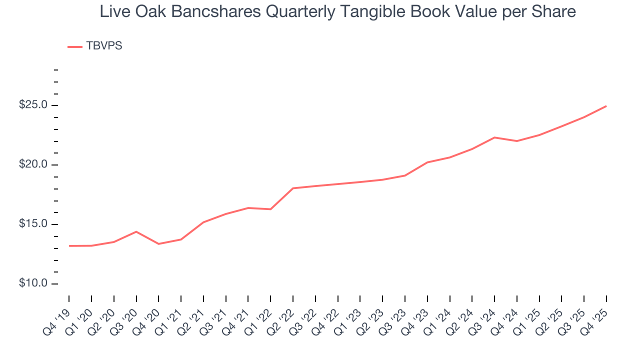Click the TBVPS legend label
[x=104, y=46]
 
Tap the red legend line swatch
[x=75, y=47]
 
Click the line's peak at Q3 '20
[x=136, y=231]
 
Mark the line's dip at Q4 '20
[x=158, y=244]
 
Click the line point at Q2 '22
[x=293, y=188]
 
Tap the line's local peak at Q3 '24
[x=494, y=137]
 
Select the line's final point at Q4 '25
[x=606, y=106]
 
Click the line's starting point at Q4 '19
[x=69, y=246]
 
